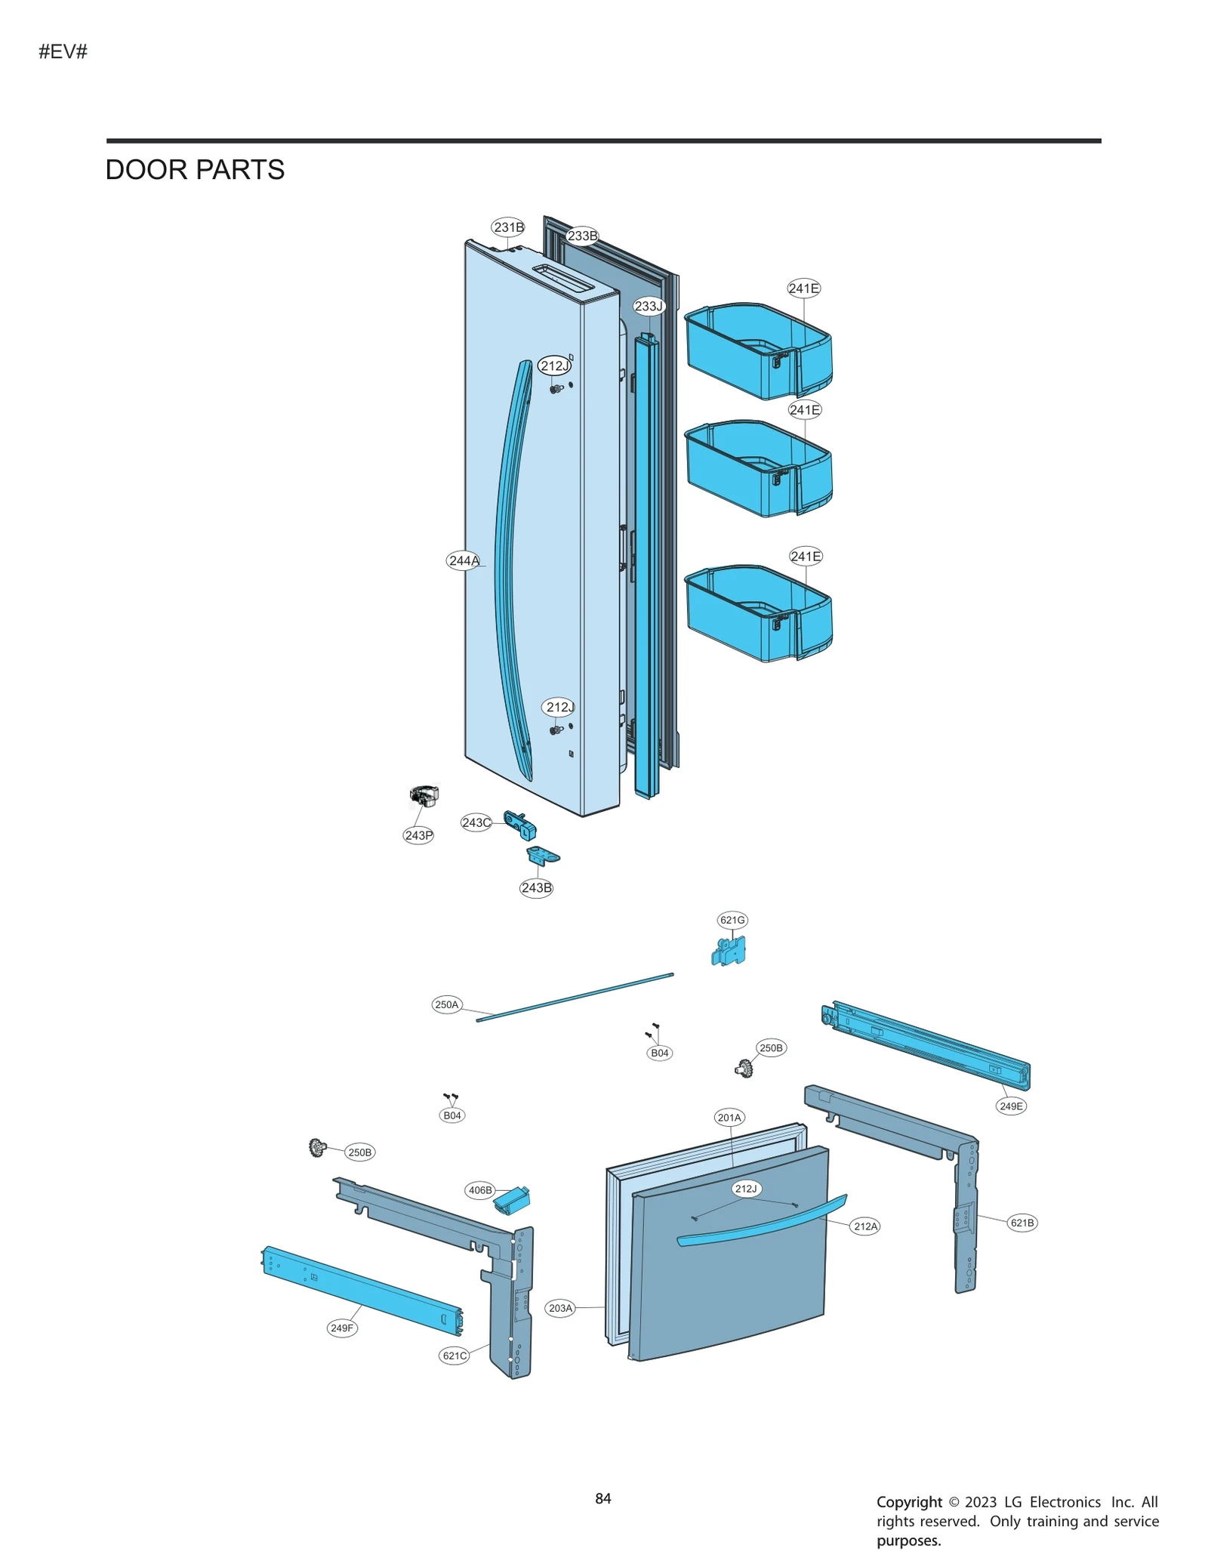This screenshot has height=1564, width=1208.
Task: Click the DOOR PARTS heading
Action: (195, 170)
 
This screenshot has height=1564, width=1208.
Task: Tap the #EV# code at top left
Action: (63, 51)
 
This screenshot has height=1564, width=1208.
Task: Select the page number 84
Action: (602, 1498)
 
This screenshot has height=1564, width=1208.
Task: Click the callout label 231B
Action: (508, 227)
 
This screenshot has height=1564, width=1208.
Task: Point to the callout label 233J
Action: (649, 306)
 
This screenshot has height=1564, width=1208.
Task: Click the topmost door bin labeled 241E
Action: (758, 351)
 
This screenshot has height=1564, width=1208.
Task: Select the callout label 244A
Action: (464, 560)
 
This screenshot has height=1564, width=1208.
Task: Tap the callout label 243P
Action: (418, 835)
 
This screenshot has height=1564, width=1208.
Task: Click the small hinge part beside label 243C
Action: (520, 825)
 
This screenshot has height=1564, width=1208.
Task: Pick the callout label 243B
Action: (536, 887)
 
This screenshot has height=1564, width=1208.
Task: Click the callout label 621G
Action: (732, 920)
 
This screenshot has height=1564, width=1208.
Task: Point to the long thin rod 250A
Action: (574, 998)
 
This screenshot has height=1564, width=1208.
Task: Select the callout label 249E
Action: (1011, 1106)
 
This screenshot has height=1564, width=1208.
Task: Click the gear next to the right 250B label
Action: (744, 1068)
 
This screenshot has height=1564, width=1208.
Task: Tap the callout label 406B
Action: (480, 1190)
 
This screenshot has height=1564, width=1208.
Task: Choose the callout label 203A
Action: (560, 1308)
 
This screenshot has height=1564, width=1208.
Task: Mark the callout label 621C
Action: (455, 1356)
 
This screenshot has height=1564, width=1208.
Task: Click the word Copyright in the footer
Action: (909, 1502)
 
